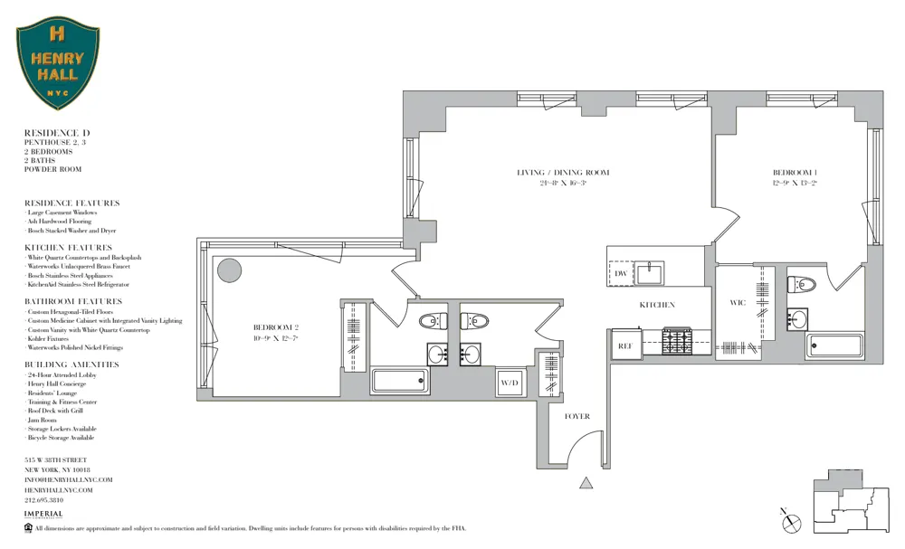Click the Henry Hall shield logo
click(58, 65)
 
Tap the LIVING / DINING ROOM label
click(563, 173)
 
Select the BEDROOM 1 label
click(795, 173)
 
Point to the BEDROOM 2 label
click(276, 327)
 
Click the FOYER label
click(576, 417)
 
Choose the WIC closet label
click(738, 303)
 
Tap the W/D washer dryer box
click(510, 383)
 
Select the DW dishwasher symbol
click(621, 274)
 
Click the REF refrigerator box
click(624, 345)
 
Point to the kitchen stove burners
click(676, 340)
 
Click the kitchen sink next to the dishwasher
click(649, 272)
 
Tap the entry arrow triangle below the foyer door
click(586, 484)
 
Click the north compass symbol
click(791, 521)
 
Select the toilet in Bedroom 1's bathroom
click(801, 284)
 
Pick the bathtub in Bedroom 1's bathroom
click(834, 345)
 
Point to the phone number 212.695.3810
click(43, 499)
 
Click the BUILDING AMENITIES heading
click(71, 364)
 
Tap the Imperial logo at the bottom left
click(43, 515)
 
